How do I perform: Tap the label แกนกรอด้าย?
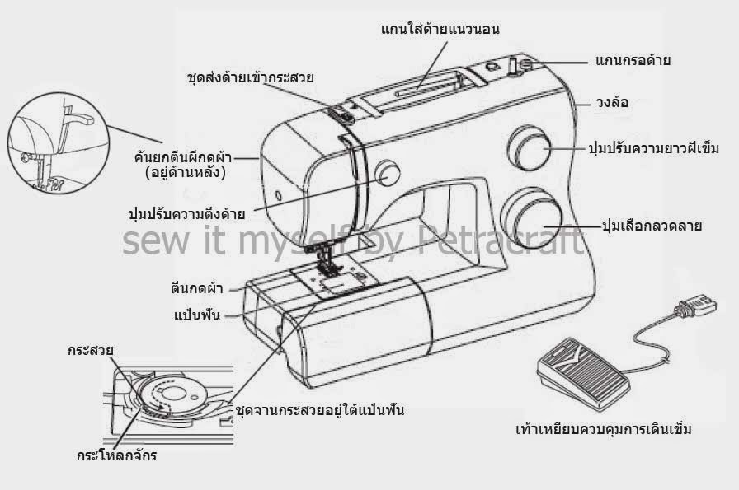pos(633,60)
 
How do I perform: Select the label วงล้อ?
pos(614,105)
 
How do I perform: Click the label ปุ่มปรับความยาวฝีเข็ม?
pos(653,149)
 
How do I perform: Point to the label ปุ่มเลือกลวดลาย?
pos(652,224)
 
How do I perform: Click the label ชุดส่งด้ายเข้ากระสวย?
pos(251,79)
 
